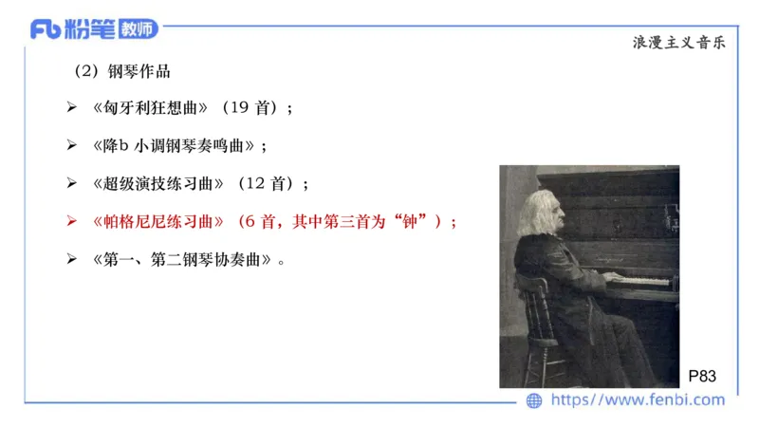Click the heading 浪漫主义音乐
tap(678, 43)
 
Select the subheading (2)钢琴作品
tap(122, 71)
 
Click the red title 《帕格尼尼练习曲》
tap(158, 221)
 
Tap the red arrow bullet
tap(71, 221)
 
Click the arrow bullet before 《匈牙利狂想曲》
tap(71, 109)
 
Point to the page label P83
tap(702, 376)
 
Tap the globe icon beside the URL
tap(534, 400)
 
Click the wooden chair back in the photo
tap(534, 304)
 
